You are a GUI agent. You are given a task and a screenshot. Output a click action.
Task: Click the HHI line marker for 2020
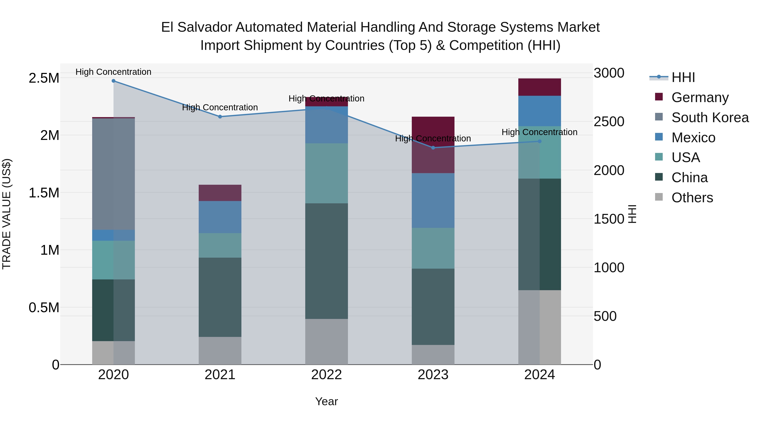[x=114, y=81]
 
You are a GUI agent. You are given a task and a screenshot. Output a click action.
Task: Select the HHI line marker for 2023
[x=433, y=148]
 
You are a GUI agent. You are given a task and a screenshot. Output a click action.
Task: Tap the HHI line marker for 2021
[x=220, y=117]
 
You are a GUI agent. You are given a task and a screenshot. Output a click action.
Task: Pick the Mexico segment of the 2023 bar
[x=433, y=200]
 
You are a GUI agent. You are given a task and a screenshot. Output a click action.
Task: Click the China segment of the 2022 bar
[x=326, y=261]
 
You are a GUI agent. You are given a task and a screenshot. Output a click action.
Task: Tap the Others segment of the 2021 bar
[x=220, y=351]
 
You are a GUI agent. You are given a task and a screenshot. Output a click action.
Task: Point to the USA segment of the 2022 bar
[x=326, y=173]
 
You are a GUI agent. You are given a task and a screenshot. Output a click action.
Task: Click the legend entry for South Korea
[x=710, y=118]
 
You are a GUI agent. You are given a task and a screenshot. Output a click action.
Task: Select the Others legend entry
[x=692, y=198]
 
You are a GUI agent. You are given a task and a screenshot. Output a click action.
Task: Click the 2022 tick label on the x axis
[x=326, y=375]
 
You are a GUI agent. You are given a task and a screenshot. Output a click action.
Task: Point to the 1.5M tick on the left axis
[x=44, y=193]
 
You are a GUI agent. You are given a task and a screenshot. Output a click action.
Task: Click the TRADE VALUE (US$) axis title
[x=7, y=214]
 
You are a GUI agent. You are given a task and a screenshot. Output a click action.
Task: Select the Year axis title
[x=326, y=401]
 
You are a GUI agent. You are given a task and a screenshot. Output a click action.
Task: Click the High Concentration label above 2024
[x=539, y=132]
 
